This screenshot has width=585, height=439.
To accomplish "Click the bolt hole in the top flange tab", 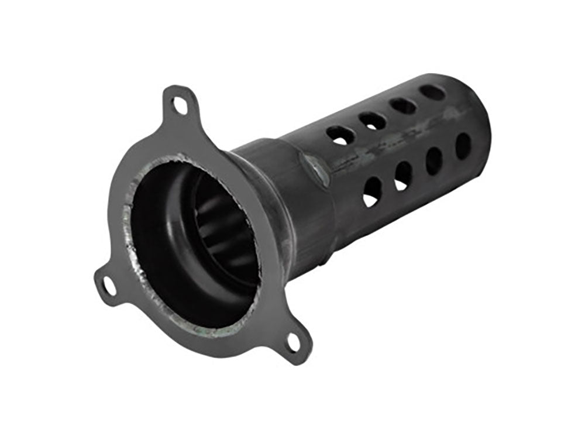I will tap(178, 105).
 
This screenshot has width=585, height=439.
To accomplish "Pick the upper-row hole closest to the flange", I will tap(340, 135).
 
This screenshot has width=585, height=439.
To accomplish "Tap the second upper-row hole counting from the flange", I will tap(373, 121).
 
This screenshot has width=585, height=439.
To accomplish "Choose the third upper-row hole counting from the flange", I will tap(404, 106).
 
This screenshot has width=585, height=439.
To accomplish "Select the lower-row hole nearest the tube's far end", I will tap(463, 146).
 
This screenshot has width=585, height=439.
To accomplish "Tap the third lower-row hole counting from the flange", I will tap(434, 160).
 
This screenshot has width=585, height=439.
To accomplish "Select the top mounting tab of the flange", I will tap(178, 104).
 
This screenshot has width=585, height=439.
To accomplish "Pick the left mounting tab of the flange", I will tap(109, 285).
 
